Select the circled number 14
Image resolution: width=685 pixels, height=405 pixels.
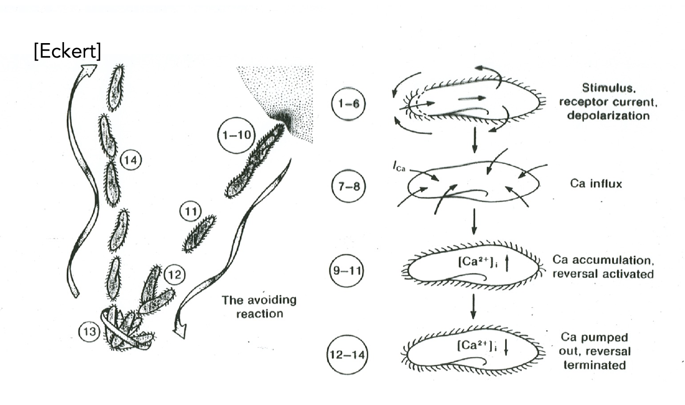tap(132, 160)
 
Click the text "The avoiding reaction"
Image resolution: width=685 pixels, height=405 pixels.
tap(259, 307)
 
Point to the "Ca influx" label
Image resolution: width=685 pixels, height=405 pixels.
tap(595, 183)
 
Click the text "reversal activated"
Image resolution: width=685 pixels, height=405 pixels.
tap(603, 274)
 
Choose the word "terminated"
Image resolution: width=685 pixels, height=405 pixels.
tap(594, 365)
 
